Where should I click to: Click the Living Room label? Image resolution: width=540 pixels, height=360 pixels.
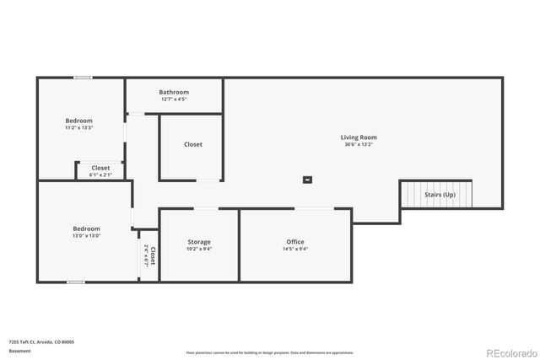(359, 137)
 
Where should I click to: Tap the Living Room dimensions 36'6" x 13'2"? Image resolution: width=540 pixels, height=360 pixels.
(359, 145)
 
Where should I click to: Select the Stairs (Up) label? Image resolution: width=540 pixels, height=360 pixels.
(440, 195)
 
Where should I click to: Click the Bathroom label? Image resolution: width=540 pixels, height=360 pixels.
(174, 92)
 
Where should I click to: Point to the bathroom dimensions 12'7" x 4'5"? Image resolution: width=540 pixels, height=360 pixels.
(174, 99)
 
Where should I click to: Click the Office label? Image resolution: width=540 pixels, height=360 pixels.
(295, 242)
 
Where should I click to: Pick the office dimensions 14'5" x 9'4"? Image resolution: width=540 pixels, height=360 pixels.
(295, 250)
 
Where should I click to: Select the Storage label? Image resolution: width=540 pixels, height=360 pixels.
(199, 242)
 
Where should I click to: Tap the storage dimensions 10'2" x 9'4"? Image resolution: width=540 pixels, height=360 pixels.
(199, 250)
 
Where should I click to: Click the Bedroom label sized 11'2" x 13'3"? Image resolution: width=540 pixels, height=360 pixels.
(78, 121)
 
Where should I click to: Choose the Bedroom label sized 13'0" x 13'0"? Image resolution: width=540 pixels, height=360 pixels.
(86, 228)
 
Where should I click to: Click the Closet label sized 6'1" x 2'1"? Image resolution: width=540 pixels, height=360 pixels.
(100, 168)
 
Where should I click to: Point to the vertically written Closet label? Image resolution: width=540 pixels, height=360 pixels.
(153, 255)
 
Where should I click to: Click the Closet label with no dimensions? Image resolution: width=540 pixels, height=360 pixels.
(193, 144)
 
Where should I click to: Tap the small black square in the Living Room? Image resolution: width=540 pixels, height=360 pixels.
(308, 179)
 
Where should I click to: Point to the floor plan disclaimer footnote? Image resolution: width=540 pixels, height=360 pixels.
(269, 352)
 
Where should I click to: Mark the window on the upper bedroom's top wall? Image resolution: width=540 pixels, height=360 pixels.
(82, 78)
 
